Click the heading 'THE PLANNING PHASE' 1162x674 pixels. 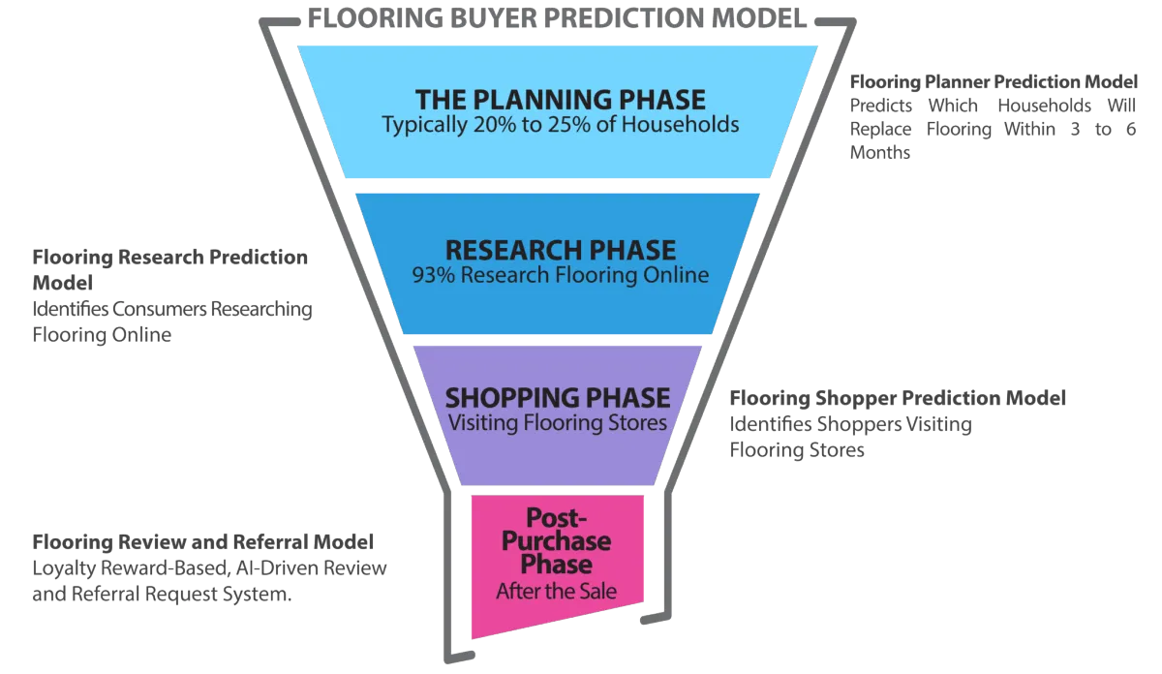561,100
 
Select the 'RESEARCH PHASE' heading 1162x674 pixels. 561,250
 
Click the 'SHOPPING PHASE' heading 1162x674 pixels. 558,398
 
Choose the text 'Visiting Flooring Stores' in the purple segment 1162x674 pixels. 557,422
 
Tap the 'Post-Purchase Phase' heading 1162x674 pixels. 556,540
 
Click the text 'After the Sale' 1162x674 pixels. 556,590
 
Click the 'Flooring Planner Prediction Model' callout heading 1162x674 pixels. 994,81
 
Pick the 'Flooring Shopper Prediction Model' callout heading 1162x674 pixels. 898,398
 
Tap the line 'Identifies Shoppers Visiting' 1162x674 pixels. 851,424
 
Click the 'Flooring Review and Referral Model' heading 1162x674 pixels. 204,541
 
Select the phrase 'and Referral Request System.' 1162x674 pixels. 162,596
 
